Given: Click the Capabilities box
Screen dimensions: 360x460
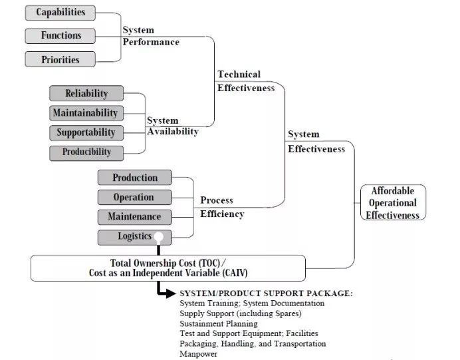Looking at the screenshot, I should [60, 13].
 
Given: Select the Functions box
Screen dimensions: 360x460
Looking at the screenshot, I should [60, 36].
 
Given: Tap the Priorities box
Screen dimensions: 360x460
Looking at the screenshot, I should [60, 59].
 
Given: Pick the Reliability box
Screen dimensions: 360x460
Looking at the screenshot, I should [87, 94].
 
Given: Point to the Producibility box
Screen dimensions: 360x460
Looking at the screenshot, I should [87, 152].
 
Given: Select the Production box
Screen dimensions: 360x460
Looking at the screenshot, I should [134, 178].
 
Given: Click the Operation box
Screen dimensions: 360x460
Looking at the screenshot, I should [134, 198].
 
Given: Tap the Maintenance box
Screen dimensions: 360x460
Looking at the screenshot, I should [134, 217].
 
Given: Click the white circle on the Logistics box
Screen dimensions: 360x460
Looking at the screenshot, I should [159, 237].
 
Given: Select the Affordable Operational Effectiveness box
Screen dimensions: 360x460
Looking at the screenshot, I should [393, 203].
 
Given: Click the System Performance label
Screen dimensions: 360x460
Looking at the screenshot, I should [151, 36].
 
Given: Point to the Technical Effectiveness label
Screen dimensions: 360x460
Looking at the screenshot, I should [246, 81].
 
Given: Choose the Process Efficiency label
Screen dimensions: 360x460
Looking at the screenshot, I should [222, 207].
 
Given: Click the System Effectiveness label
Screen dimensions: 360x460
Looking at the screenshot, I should [316, 142].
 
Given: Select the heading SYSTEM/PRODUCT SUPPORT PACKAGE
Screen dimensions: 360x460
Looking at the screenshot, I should [266, 293].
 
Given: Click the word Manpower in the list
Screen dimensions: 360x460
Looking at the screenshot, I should [198, 354].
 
